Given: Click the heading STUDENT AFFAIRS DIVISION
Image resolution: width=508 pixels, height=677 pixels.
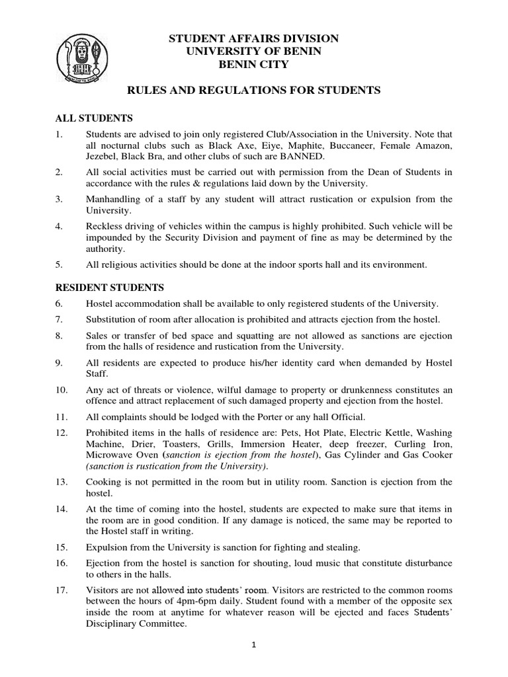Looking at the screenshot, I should pyautogui.click(x=254, y=40).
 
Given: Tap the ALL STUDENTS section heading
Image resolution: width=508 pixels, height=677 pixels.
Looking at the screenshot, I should pyautogui.click(x=93, y=118).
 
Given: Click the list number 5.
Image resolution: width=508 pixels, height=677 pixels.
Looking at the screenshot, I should pyautogui.click(x=58, y=264).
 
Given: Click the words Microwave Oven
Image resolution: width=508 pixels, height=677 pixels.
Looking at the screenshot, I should pyautogui.click(x=120, y=455).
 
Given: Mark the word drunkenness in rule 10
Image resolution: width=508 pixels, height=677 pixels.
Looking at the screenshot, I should pyautogui.click(x=366, y=389).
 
